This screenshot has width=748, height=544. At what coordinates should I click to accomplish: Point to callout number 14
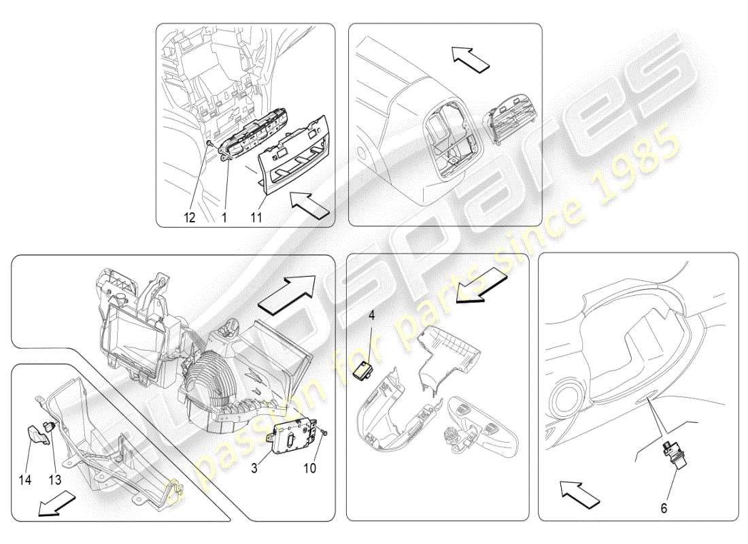25,479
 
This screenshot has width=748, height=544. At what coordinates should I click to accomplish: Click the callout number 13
54,479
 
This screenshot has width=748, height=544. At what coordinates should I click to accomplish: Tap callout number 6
664,507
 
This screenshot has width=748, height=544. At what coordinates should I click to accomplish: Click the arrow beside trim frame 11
310,202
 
